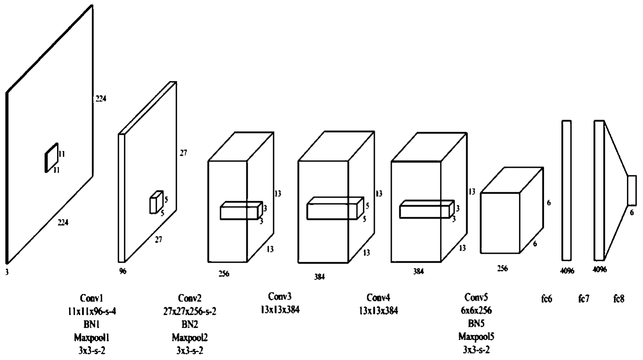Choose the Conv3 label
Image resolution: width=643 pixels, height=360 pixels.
(281, 296)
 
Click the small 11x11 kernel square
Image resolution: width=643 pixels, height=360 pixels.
(51, 157)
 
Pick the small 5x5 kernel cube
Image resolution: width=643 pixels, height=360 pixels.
(155, 202)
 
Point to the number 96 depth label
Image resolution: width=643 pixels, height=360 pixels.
(123, 270)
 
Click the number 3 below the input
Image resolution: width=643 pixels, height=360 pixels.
(7, 271)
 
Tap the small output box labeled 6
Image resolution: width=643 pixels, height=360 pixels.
(631, 190)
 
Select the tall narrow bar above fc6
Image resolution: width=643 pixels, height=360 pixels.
(566, 190)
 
